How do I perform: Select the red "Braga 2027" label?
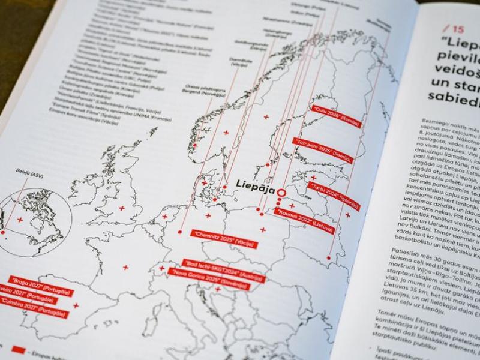coord(40,286)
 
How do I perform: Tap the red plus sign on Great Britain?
coord(122,208)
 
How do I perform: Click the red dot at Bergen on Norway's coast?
coord(194,145)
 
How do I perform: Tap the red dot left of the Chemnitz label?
coord(181,231)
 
